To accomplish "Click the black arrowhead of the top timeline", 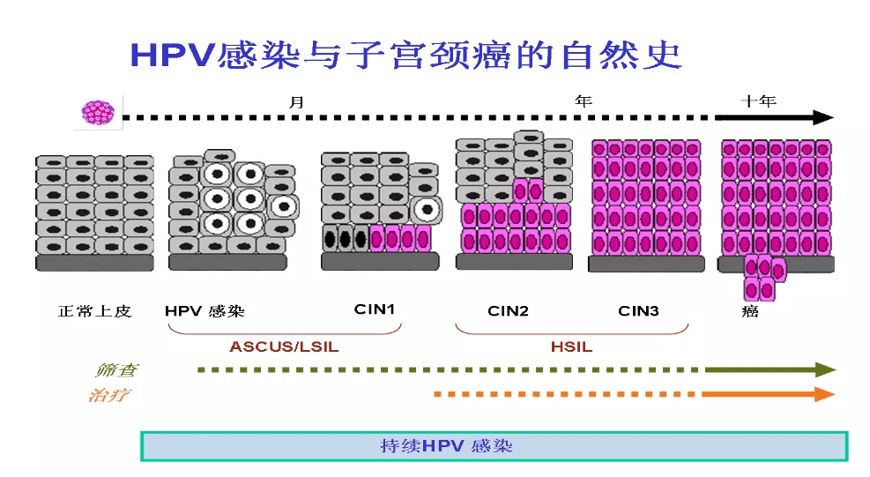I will [823, 117].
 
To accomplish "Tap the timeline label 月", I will [297, 101].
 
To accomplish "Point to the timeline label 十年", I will [758, 101].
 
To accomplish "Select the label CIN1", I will [375, 309].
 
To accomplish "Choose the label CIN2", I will [508, 310].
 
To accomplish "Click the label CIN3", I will [639, 310].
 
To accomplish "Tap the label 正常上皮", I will [94, 311].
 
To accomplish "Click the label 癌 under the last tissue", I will [751, 312].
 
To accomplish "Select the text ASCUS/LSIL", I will [284, 347].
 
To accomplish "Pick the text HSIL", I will [571, 347].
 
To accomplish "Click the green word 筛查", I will [115, 370].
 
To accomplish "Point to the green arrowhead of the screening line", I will [825, 369].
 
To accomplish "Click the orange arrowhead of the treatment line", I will [825, 394].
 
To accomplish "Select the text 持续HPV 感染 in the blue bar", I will [446, 446].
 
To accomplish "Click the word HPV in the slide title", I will [173, 55].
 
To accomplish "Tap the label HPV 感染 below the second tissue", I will [204, 311].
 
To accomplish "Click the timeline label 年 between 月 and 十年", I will [584, 101].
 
